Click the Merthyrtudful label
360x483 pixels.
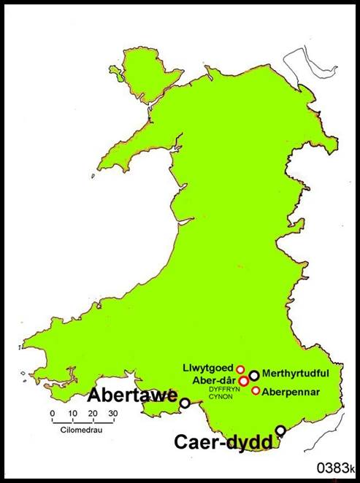pyautogui.click(x=295, y=373)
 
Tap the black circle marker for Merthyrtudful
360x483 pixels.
pyautogui.click(x=254, y=375)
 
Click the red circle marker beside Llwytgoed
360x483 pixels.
pyautogui.click(x=240, y=369)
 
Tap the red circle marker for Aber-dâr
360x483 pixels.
pyautogui.click(x=243, y=381)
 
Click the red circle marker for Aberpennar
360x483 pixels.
pyautogui.click(x=256, y=390)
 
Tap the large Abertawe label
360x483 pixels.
pyautogui.click(x=133, y=396)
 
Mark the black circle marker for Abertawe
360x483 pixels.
pyautogui.click(x=185, y=402)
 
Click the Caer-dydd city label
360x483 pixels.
pyautogui.click(x=223, y=441)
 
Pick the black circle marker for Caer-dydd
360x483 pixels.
pyautogui.click(x=280, y=430)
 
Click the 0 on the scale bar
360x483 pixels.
pyautogui.click(x=53, y=414)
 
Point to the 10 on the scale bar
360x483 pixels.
pyautogui.click(x=72, y=414)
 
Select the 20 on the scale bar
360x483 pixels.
pyautogui.click(x=93, y=414)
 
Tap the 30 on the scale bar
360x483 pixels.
pyautogui.click(x=112, y=414)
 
